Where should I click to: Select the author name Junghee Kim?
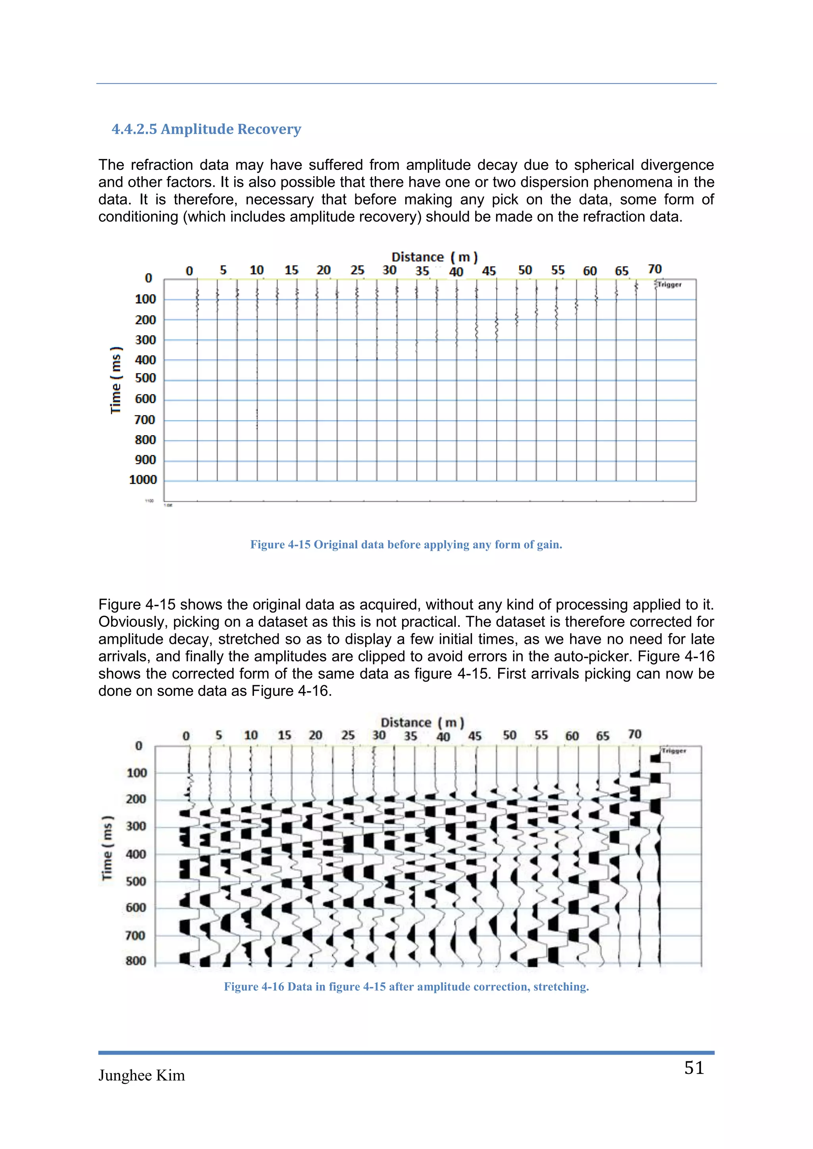[x=142, y=1076]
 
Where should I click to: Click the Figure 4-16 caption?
[x=406, y=986]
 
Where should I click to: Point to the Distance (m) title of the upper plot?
[x=434, y=257]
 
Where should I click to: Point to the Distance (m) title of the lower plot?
[x=422, y=722]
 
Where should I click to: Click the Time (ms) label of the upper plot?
[x=116, y=380]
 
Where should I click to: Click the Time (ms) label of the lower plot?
[x=107, y=848]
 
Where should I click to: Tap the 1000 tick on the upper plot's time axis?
[x=143, y=480]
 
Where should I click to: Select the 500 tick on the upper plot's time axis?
[x=145, y=379]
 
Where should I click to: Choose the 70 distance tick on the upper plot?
[x=654, y=269]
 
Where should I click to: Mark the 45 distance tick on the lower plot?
[x=475, y=736]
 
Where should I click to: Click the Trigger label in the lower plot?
[x=674, y=751]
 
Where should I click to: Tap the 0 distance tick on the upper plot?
[x=189, y=271]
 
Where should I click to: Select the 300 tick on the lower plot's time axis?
[x=136, y=826]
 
